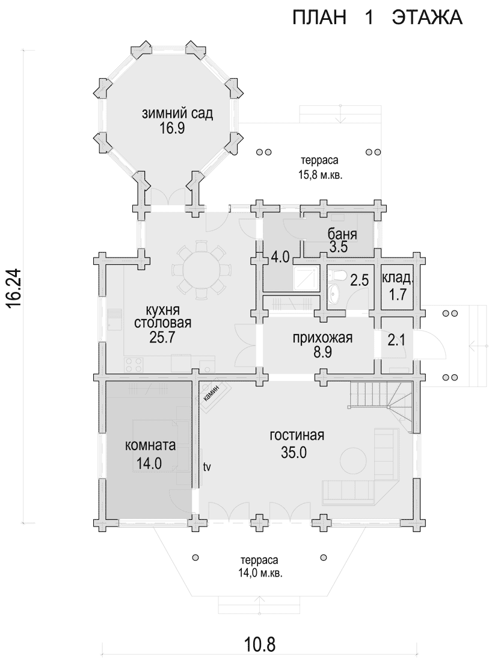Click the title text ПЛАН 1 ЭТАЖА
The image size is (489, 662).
pyautogui.click(x=378, y=18)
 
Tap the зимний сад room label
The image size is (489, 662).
pyautogui.click(x=177, y=113)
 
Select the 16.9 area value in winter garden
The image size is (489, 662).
pyautogui.click(x=172, y=128)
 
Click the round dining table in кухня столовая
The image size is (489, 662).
pyautogui.click(x=202, y=268)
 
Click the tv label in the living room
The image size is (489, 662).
pyautogui.click(x=207, y=466)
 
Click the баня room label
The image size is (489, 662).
pyautogui.click(x=343, y=234)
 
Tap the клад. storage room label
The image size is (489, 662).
pyautogui.click(x=398, y=278)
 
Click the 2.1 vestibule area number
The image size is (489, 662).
pyautogui.click(x=396, y=340)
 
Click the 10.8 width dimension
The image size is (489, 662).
pyautogui.click(x=259, y=645)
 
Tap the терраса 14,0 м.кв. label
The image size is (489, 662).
pyautogui.click(x=259, y=567)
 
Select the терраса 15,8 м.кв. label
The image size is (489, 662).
pyautogui.click(x=319, y=167)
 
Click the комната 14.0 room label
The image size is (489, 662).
pyautogui.click(x=150, y=454)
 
